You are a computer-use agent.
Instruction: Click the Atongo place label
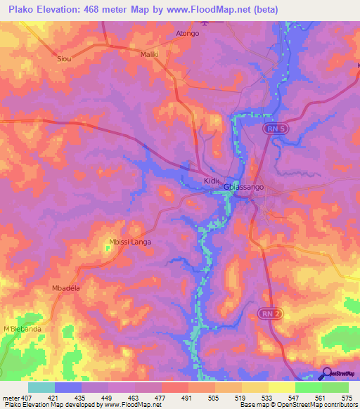click(x=188, y=34)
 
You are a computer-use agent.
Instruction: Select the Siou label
click(x=64, y=59)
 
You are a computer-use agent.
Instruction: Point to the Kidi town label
click(x=212, y=181)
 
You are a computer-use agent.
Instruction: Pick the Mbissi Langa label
click(x=130, y=242)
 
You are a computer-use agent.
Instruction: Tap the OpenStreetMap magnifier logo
click(x=327, y=374)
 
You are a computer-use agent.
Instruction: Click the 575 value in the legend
click(x=347, y=398)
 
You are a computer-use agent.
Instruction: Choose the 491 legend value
click(x=186, y=398)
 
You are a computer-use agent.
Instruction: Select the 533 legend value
click(x=266, y=398)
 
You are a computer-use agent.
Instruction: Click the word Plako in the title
click(x=22, y=10)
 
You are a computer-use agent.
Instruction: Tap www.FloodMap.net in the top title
click(x=219, y=10)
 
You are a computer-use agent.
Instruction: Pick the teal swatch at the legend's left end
click(x=41, y=387)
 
